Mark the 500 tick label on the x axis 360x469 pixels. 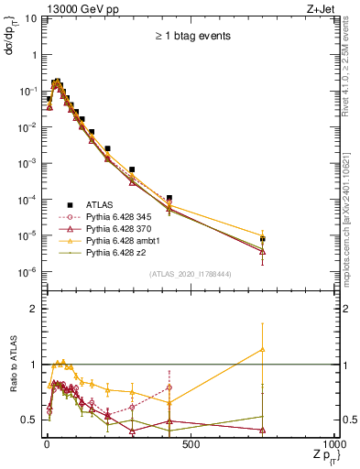[191, 444]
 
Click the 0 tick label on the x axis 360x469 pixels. [47, 444]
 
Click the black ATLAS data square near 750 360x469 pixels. [263, 239]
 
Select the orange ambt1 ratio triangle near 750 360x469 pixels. [263, 349]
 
